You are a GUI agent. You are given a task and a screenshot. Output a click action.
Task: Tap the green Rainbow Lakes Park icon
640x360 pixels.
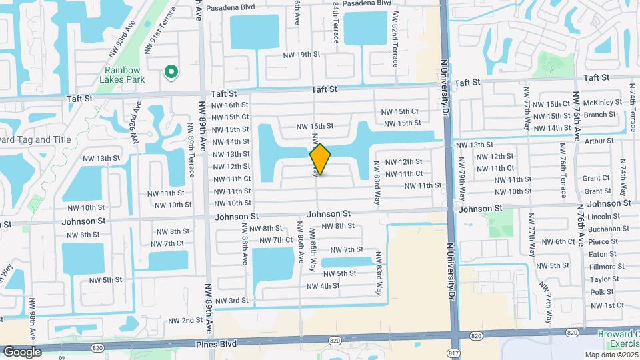pyautogui.click(x=171, y=72)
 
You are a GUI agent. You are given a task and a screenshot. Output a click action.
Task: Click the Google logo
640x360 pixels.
pyautogui.click(x=22, y=351)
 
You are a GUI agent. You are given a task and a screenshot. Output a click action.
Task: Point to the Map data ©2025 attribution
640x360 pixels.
pyautogui.click(x=612, y=355)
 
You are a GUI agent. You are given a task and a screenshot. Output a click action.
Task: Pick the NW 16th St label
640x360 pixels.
pyautogui.click(x=231, y=105)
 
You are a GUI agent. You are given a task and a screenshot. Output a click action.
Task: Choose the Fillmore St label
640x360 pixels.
pyautogui.click(x=605, y=267)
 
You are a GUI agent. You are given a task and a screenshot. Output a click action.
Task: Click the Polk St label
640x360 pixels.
pyautogui.click(x=602, y=292)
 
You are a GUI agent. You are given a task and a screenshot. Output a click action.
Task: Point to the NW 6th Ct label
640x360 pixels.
pyautogui.click(x=555, y=241)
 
